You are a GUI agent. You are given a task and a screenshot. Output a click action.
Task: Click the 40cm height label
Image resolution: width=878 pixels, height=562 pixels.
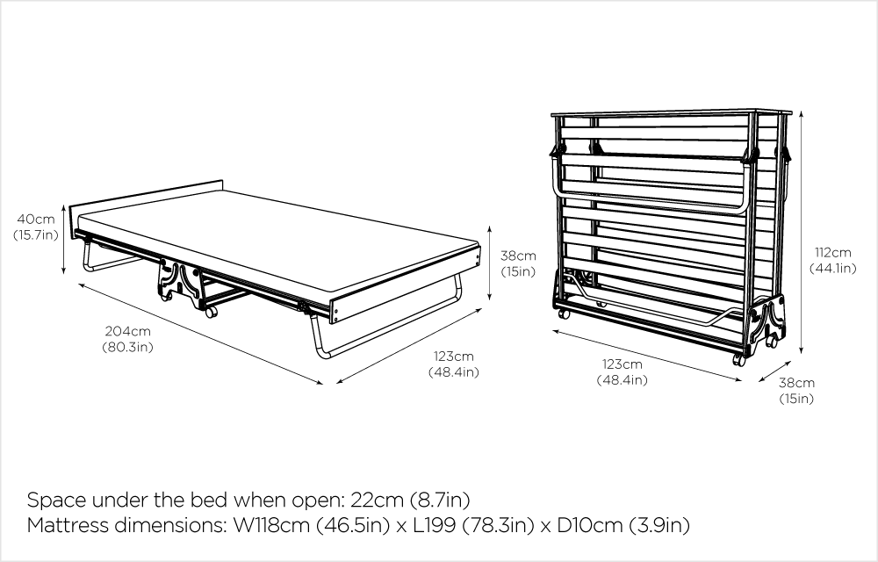pos(36,219)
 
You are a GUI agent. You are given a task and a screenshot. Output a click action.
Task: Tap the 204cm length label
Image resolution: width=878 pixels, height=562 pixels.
pos(127,331)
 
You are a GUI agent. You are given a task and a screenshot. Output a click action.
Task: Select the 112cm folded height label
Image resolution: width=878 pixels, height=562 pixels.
pos(833,252)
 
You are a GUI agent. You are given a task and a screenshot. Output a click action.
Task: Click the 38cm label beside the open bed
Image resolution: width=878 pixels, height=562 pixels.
pos(518,256)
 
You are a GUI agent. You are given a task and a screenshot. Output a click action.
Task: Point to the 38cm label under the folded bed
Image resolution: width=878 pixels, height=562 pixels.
pos(797,383)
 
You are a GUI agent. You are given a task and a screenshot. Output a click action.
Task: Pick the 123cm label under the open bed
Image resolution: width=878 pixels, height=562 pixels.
pos(454,356)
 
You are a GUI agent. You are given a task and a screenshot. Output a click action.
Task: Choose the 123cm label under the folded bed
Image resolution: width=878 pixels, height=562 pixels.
pos(623,364)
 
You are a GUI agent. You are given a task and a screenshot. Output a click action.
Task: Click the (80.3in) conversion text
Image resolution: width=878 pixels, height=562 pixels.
pos(127,347)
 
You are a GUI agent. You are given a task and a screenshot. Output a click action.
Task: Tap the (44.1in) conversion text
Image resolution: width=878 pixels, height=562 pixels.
pos(833,268)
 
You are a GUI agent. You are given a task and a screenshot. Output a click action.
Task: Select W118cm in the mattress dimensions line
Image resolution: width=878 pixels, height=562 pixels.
pos(271,525)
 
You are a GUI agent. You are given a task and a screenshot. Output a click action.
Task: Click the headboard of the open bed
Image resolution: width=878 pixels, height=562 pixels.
pos(146,197)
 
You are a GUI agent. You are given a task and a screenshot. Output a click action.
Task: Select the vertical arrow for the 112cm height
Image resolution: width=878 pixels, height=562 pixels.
pos(802,233)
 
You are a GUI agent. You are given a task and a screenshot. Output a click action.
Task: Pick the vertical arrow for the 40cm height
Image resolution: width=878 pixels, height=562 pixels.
pos(64,240)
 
